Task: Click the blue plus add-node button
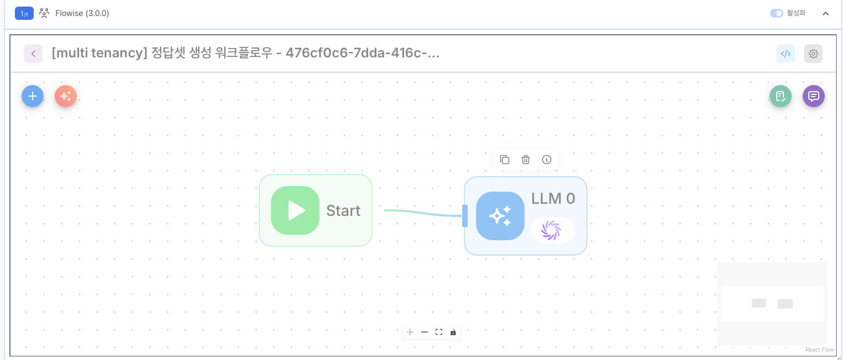33,96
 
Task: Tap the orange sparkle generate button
66,96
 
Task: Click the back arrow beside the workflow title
33,54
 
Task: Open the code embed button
786,54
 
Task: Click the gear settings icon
813,54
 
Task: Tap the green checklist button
781,96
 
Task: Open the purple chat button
814,96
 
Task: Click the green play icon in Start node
295,210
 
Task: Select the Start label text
343,210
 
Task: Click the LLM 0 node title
553,199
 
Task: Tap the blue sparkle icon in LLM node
500,216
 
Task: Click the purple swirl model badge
551,230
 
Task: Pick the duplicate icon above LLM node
505,160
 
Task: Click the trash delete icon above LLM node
526,160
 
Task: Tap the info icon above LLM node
547,160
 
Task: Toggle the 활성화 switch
777,13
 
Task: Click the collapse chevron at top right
826,13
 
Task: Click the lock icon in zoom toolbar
453,332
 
